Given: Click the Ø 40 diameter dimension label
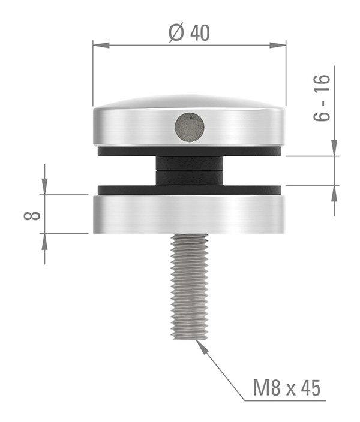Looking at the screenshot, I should click(x=189, y=34).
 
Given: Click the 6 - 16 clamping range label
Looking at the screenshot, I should click(x=322, y=98).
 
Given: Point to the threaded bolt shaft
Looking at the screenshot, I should click(x=190, y=285).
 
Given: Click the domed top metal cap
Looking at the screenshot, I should click(x=189, y=120).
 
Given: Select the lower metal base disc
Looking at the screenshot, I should click(x=189, y=214).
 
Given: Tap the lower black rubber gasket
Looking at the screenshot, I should click(x=189, y=189).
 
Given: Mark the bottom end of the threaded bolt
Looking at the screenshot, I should click(x=190, y=336).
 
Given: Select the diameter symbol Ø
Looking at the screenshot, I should click(x=176, y=34).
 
